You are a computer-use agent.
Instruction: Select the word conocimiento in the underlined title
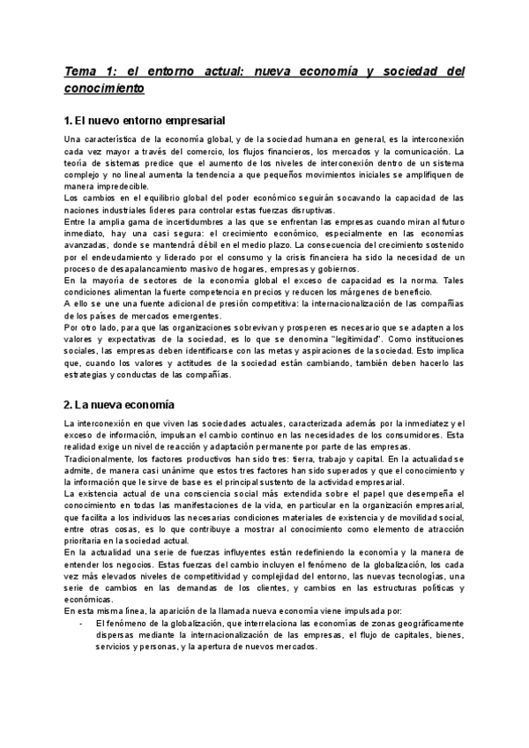pos(103,89)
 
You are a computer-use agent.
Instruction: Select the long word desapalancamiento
pos(138,269)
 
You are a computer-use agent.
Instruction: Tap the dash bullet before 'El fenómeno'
pos(81,623)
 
